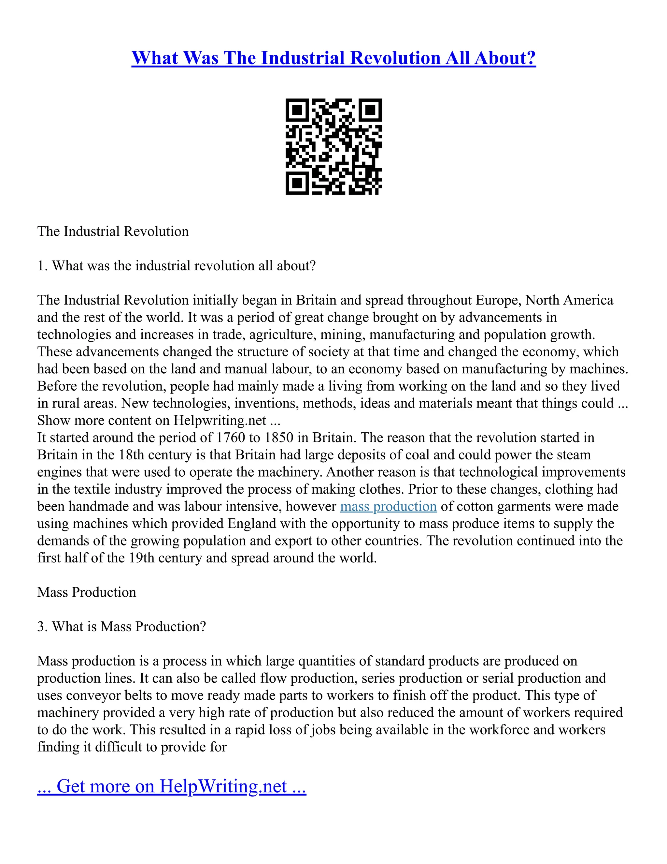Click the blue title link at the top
pos(333,58)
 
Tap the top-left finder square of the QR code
pos(297,110)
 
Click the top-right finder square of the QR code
pos(370,110)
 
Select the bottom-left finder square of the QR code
pos(297,183)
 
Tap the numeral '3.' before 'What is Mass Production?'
pos(42,627)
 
